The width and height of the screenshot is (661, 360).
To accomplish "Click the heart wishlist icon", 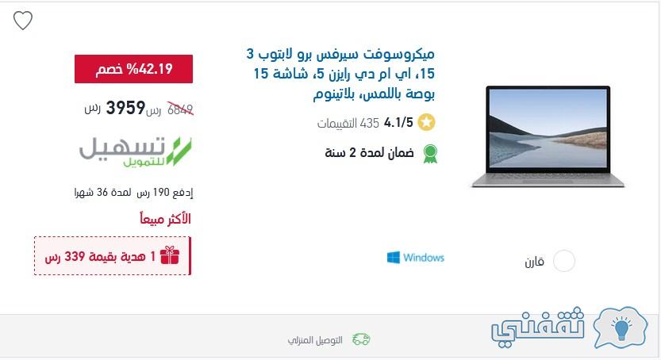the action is tap(23, 20).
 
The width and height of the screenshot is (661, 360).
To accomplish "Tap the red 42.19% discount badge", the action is tap(133, 69).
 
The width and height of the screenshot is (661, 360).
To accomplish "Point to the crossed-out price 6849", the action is tap(180, 109).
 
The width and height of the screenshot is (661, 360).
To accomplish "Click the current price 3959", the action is tap(125, 108).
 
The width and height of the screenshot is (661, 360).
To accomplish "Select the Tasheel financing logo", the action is tap(136, 151).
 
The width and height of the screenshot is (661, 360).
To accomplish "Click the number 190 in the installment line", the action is tap(161, 193).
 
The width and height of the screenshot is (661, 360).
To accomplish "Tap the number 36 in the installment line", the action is tap(102, 193).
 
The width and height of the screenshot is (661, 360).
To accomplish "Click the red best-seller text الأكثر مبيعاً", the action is tap(165, 219).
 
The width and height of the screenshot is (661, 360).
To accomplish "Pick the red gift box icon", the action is tap(170, 255).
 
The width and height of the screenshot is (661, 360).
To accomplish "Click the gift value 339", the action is tap(75, 256).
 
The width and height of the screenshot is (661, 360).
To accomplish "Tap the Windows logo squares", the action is tap(394, 257).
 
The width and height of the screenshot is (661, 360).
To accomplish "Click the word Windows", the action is tap(424, 257).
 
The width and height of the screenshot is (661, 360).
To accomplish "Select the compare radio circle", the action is tap(564, 261).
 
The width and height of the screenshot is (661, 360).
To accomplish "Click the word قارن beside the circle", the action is tap(535, 262).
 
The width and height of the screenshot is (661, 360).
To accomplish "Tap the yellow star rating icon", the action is tap(426, 123).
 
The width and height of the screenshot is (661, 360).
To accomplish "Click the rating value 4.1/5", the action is tap(398, 123).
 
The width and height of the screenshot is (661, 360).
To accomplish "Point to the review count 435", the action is tap(370, 123).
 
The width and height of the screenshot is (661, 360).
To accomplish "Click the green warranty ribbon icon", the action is tap(430, 154).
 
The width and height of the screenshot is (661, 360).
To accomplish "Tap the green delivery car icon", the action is tap(361, 339).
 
